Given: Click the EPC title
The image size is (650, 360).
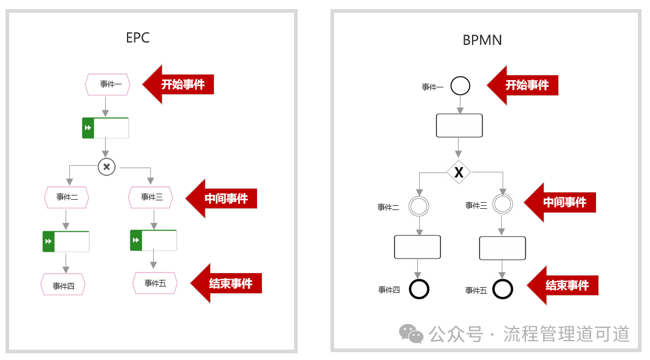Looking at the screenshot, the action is pyautogui.click(x=138, y=38).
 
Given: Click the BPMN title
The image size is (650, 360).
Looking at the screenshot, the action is pyautogui.click(x=482, y=40).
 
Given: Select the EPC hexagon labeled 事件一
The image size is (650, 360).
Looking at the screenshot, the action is pyautogui.click(x=108, y=84).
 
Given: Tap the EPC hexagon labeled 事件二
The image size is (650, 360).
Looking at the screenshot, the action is pyautogui.click(x=66, y=197).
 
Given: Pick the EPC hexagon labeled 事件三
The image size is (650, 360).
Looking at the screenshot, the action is pyautogui.click(x=151, y=197).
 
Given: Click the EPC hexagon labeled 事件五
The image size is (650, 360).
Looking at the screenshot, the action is pyautogui.click(x=155, y=283).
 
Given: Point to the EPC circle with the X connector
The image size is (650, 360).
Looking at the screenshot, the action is pyautogui.click(x=106, y=167).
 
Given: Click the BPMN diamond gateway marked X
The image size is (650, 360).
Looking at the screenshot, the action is pyautogui.click(x=459, y=172).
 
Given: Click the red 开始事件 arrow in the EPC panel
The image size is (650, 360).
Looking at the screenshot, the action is pyautogui.click(x=178, y=84).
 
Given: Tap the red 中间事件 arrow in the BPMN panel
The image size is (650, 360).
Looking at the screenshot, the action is pyautogui.click(x=560, y=202).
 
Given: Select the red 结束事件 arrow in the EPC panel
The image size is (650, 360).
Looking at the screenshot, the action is pyautogui.click(x=227, y=284).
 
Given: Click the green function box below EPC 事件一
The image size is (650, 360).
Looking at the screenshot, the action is pyautogui.click(x=105, y=128).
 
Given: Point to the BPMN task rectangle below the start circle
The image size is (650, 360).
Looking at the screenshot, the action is pyautogui.click(x=459, y=126).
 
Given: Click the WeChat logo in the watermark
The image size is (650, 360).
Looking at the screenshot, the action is pyautogui.click(x=411, y=333).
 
